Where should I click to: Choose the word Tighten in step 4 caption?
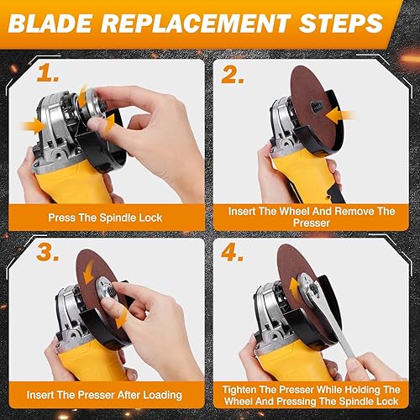tap(248, 389)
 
